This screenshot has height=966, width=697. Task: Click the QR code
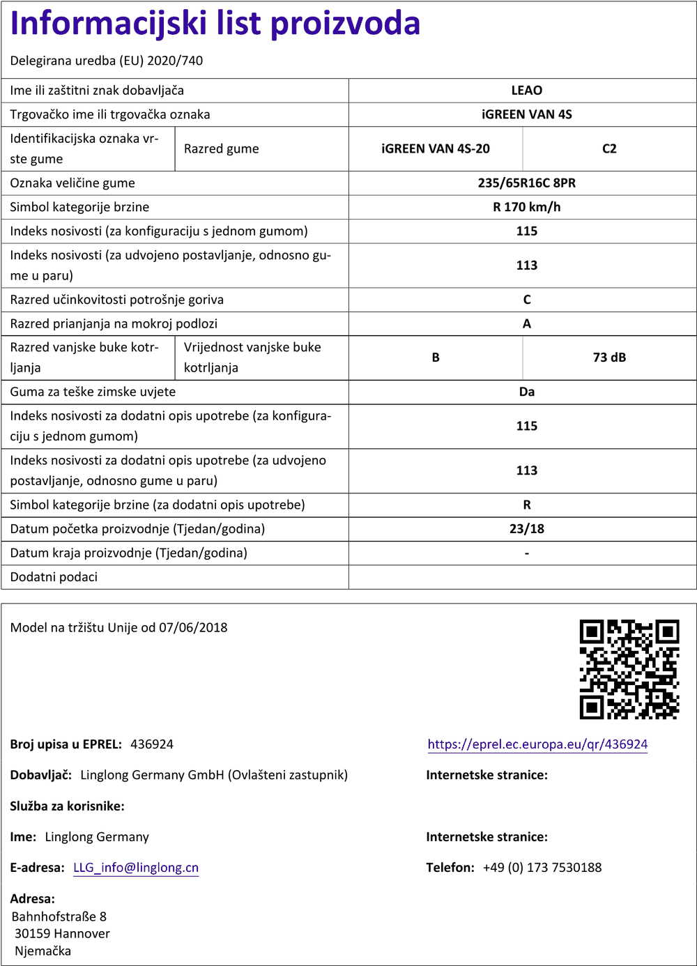(629, 669)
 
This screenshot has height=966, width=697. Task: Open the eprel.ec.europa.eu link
(537, 744)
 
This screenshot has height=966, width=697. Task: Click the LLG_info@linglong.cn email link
(136, 868)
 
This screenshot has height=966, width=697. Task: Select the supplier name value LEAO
(526, 91)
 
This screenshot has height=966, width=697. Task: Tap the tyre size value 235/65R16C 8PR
(526, 183)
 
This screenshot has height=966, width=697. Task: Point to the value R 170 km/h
(526, 207)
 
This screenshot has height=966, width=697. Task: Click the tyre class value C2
(609, 148)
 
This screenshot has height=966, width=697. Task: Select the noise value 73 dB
(609, 358)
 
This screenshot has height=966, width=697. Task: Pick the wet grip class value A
(526, 323)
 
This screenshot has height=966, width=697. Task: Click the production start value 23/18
(526, 529)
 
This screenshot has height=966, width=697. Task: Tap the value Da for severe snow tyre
(526, 392)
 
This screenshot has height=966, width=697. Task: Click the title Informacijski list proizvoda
(215, 24)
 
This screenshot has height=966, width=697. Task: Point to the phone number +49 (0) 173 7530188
(542, 868)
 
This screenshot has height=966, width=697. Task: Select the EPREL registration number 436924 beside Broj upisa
(152, 744)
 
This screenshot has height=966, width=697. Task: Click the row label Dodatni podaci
(54, 577)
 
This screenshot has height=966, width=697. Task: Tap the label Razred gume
(221, 148)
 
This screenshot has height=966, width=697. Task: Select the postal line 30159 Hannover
(62, 933)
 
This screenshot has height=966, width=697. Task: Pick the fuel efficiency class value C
(526, 300)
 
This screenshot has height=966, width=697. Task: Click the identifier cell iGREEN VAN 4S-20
(436, 148)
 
